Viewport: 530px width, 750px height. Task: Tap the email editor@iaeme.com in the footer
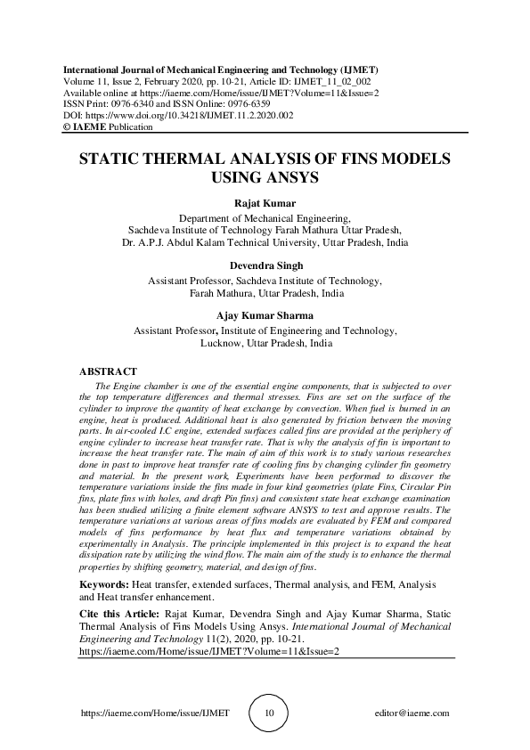click(x=412, y=713)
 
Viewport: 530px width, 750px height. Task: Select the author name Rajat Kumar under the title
click(x=265, y=203)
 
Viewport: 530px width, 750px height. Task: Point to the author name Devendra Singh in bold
click(x=265, y=265)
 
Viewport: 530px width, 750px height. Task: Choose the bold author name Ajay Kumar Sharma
click(x=265, y=314)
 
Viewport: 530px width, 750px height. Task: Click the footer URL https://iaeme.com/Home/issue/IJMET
click(x=155, y=713)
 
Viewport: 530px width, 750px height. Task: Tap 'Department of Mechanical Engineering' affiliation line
click(x=265, y=216)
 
